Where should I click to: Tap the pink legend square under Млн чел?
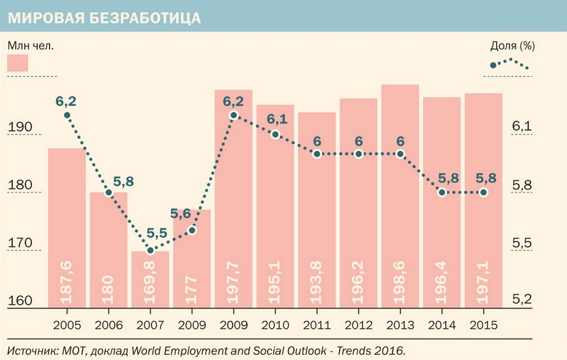(x=18, y=63)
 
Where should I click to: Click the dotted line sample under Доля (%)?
(x=510, y=63)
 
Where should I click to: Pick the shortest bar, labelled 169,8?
(x=150, y=279)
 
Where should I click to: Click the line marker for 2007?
(x=150, y=251)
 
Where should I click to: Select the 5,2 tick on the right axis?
(x=522, y=300)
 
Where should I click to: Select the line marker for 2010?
(x=275, y=134)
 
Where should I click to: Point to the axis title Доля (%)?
(x=513, y=45)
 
